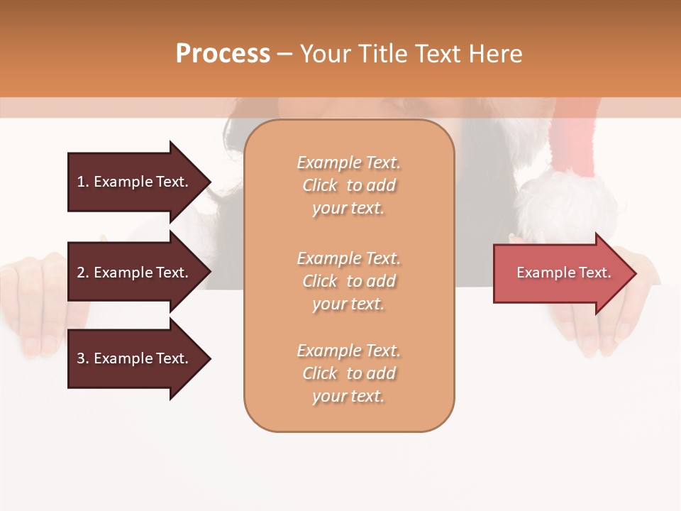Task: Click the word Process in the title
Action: pyautogui.click(x=223, y=54)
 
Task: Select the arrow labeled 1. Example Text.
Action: pyautogui.click(x=135, y=182)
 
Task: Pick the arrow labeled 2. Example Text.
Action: pyautogui.click(x=135, y=273)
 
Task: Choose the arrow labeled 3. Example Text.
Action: pyautogui.click(x=135, y=358)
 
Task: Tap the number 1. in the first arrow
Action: pyautogui.click(x=83, y=182)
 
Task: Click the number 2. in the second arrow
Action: pyautogui.click(x=83, y=273)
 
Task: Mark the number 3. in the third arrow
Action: pyautogui.click(x=83, y=358)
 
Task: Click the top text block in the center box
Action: pyautogui.click(x=348, y=185)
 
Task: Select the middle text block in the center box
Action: pyautogui.click(x=348, y=281)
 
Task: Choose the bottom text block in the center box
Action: pyautogui.click(x=348, y=373)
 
